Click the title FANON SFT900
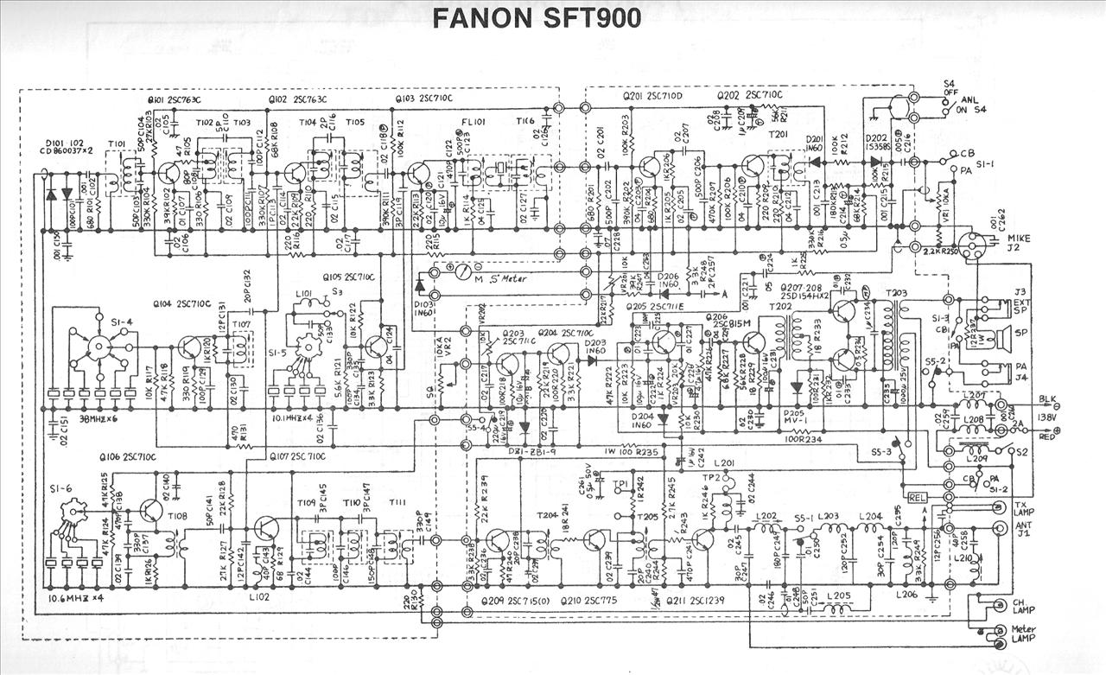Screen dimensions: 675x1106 (536, 18)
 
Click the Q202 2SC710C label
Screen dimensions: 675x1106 (749, 94)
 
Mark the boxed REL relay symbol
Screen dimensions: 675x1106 (917, 498)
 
